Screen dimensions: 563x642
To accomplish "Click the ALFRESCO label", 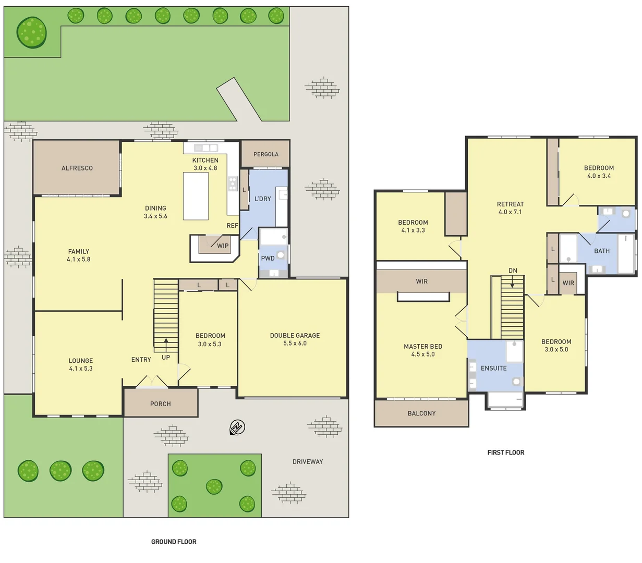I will pyautogui.click(x=77, y=168).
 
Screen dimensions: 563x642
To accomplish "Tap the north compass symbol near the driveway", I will pyautogui.click(x=237, y=427).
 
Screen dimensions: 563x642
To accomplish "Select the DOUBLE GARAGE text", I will pyautogui.click(x=295, y=335).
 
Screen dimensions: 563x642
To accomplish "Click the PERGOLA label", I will pyautogui.click(x=265, y=154).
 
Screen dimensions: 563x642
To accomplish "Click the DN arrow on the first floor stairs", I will pyautogui.click(x=513, y=281).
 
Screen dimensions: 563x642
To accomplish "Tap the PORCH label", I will pyautogui.click(x=160, y=403).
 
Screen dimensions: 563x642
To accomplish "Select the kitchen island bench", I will pyautogui.click(x=196, y=196).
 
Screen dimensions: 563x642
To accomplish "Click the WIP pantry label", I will pyautogui.click(x=223, y=246).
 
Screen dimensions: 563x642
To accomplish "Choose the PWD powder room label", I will pyautogui.click(x=268, y=258).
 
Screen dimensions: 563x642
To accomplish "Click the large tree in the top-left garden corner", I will pyautogui.click(x=31, y=32).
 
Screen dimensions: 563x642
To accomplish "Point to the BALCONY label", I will pyautogui.click(x=421, y=413).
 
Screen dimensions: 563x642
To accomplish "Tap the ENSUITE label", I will pyautogui.click(x=493, y=368).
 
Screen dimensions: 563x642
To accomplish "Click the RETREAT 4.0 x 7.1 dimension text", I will pyautogui.click(x=510, y=212).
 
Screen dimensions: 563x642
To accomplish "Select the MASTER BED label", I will pyautogui.click(x=423, y=346).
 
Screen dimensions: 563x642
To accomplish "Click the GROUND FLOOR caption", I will pyautogui.click(x=174, y=542).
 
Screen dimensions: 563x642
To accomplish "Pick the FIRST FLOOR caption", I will pyautogui.click(x=505, y=452).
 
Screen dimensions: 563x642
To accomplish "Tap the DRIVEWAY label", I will pyautogui.click(x=307, y=461).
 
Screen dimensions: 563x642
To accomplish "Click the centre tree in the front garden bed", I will pyautogui.click(x=214, y=486).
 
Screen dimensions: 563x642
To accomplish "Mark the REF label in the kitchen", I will pyautogui.click(x=232, y=226).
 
